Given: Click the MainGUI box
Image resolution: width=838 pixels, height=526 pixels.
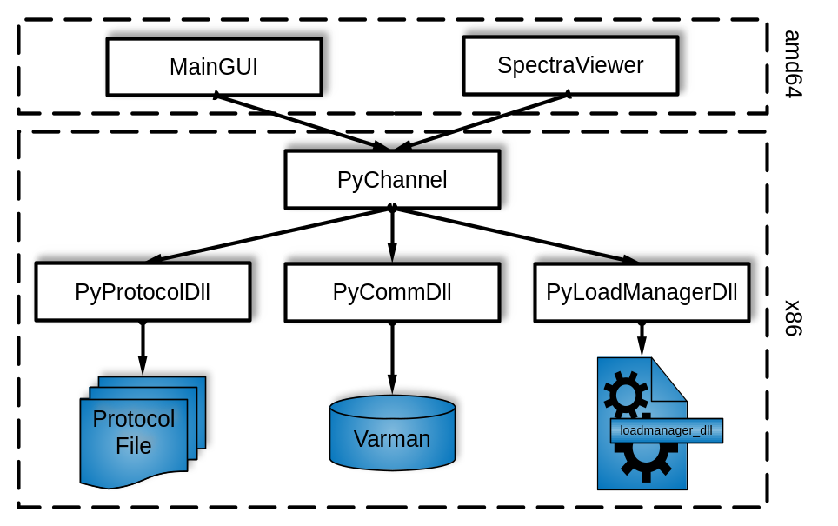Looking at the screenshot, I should coord(214,67).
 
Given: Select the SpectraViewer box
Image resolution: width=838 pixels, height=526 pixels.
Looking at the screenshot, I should coord(570,65).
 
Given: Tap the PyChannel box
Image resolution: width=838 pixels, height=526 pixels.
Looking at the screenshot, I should coord(392,180).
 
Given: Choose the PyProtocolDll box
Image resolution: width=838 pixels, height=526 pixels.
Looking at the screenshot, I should coord(143,292).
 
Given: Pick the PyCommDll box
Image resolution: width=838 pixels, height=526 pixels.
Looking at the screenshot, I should coord(392,292).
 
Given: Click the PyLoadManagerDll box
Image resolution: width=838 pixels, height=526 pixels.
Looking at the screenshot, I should coord(642,292).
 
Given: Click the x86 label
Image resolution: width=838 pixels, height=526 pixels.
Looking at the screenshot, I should coord(792,317).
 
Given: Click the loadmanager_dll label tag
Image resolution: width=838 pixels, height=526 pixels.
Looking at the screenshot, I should coord(666,430).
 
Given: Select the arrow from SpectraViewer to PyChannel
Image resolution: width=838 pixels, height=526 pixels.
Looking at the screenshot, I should coord(482,122).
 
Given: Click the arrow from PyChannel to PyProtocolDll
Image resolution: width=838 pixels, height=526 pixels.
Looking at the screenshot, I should coord(269,235).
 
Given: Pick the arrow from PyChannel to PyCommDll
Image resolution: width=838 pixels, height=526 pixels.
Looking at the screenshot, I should coord(392,235).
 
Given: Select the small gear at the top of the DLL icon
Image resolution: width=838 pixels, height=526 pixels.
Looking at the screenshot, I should coord(624,393).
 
